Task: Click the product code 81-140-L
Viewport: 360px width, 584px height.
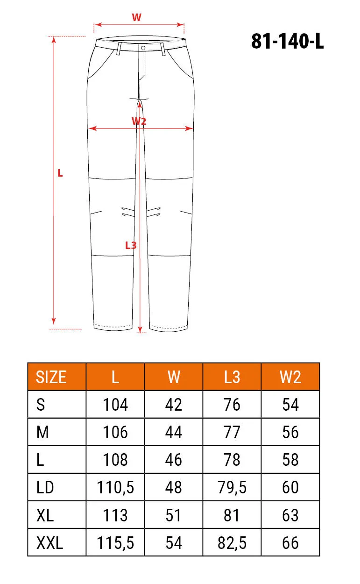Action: click(x=287, y=42)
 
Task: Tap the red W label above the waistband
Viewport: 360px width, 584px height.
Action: click(x=136, y=18)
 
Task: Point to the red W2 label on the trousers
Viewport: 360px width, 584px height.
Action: click(x=139, y=121)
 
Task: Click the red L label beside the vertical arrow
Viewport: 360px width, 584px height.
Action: click(x=60, y=173)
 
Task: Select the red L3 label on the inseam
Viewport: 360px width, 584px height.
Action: click(x=131, y=245)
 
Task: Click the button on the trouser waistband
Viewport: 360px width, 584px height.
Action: click(x=142, y=47)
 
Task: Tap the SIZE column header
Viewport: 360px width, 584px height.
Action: click(x=51, y=377)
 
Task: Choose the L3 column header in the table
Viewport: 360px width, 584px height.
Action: click(x=232, y=377)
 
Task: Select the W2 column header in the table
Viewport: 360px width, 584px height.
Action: click(x=290, y=377)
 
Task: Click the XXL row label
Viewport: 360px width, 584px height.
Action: click(x=49, y=543)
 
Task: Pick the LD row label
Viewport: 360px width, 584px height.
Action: click(x=45, y=488)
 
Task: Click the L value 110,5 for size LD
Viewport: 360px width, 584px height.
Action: click(x=115, y=488)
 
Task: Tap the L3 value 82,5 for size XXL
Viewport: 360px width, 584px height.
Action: click(x=232, y=543)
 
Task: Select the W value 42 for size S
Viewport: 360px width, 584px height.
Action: click(x=173, y=405)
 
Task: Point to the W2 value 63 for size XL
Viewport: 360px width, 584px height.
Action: click(x=290, y=515)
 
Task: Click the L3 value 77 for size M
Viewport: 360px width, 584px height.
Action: click(x=232, y=432)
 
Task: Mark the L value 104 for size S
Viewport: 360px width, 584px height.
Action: click(x=115, y=405)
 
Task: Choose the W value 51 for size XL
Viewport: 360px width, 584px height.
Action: click(x=173, y=515)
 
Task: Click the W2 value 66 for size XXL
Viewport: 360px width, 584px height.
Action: click(x=290, y=543)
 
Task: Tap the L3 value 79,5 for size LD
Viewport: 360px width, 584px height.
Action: click(x=232, y=488)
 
